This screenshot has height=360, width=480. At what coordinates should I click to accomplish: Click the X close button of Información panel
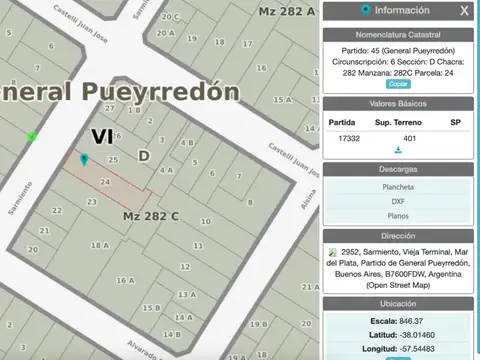463,11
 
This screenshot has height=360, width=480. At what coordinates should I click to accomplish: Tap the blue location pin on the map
84,159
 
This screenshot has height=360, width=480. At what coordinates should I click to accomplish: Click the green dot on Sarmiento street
32,137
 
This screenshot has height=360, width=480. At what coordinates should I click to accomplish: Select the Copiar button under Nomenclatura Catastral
398,84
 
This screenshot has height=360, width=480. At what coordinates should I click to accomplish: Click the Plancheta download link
398,187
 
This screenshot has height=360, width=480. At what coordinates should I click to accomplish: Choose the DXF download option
398,201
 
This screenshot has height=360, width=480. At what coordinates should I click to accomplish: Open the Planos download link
398,215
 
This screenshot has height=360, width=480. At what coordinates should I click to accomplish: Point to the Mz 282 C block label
151,216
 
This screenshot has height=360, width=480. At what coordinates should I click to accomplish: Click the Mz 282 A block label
286,11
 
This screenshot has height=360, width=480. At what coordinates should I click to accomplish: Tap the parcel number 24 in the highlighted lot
105,181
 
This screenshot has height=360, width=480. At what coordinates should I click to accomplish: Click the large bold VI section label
102,136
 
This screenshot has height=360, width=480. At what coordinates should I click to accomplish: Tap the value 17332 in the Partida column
349,137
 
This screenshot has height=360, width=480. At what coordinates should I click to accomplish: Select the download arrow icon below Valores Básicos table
398,150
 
